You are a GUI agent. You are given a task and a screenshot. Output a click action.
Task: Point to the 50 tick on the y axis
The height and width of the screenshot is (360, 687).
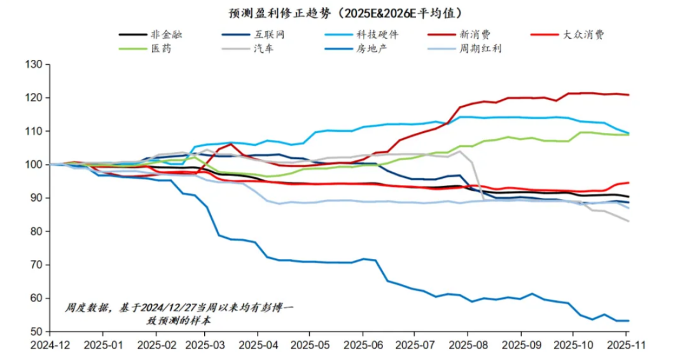(36, 331)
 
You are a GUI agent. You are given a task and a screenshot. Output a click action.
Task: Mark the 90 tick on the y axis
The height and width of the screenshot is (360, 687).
(36, 198)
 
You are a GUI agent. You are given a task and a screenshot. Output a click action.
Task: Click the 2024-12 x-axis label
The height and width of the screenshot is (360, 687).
(50, 345)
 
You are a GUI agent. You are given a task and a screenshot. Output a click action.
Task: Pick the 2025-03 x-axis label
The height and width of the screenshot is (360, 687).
(206, 345)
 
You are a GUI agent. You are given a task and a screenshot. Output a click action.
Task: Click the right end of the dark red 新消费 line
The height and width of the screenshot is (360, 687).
(628, 95)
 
